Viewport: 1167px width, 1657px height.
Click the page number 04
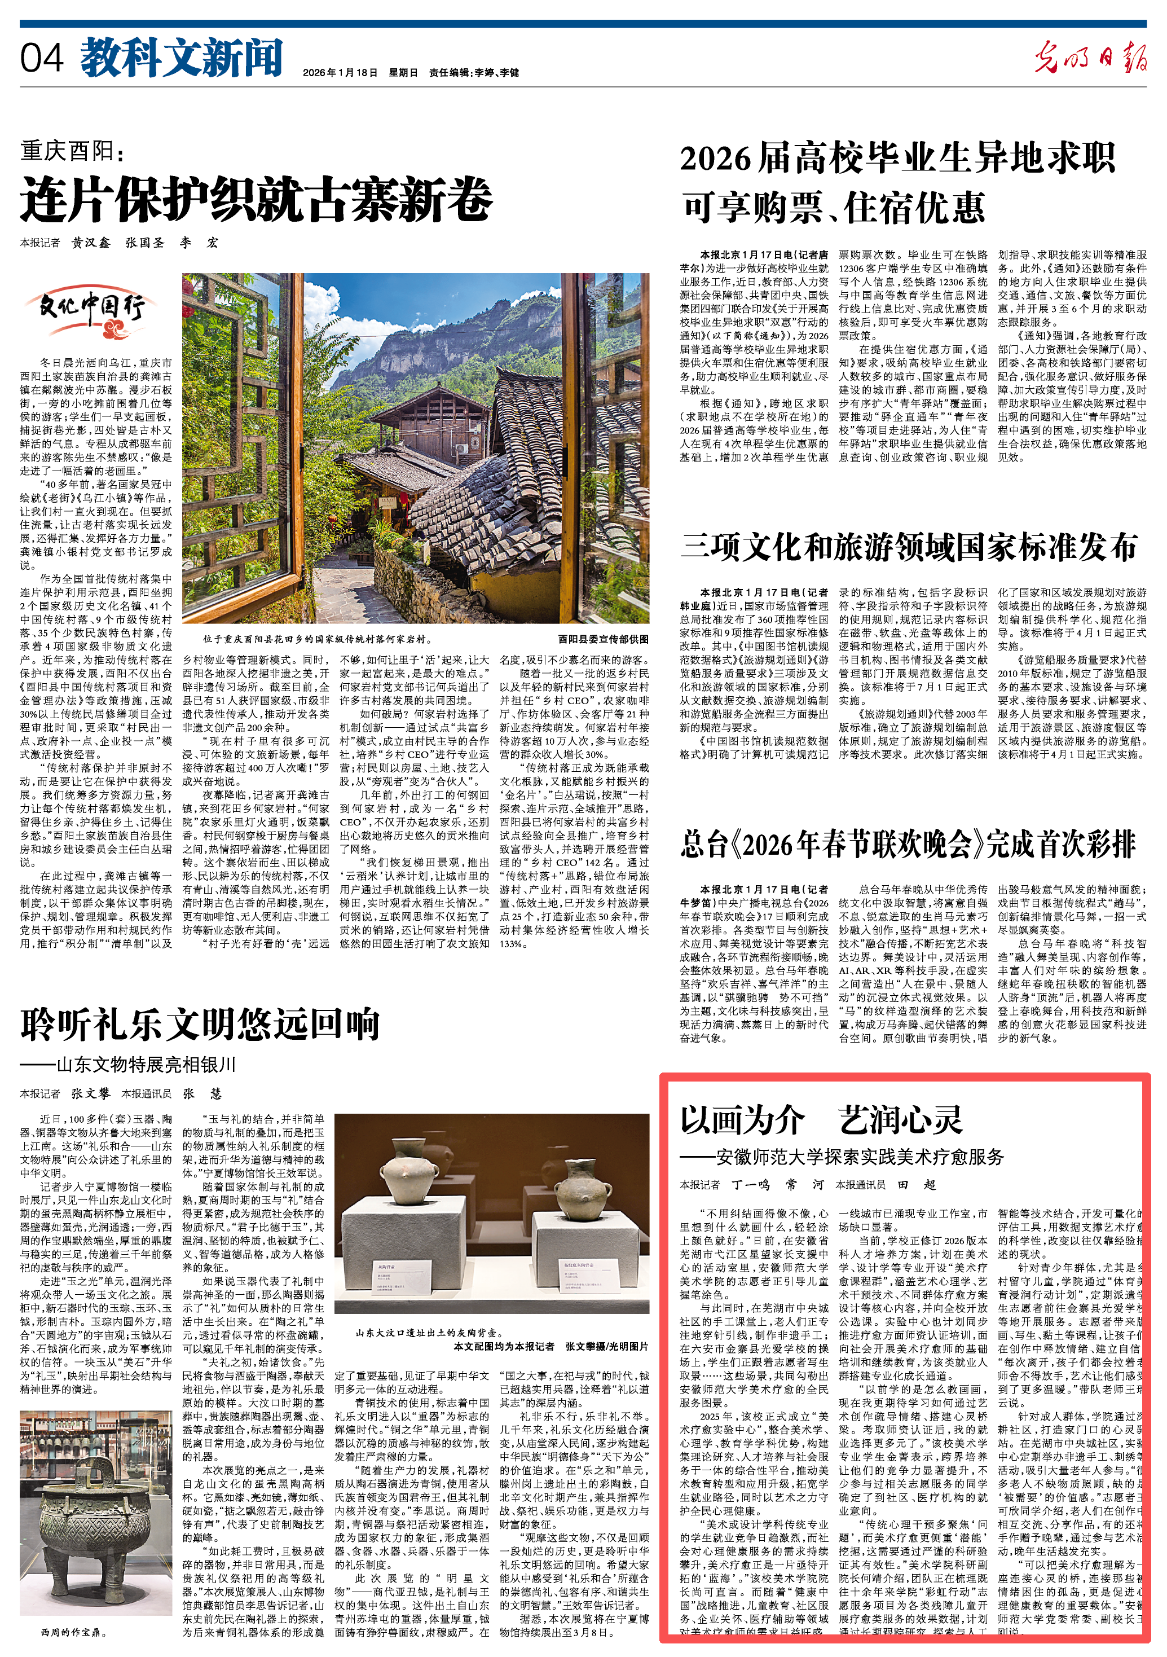pos(41,58)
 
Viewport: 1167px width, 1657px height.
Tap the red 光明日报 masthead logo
pos(1089,56)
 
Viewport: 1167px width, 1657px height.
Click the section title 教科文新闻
pos(181,58)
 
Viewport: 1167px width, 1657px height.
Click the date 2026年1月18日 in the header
pos(340,72)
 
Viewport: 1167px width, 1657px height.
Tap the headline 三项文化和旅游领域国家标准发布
pos(909,547)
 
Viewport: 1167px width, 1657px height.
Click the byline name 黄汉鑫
pos(90,243)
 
